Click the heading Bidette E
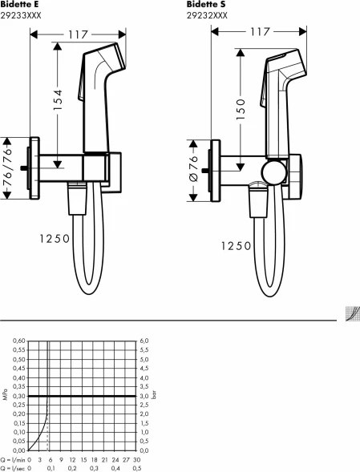[x=19, y=4]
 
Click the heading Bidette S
[x=206, y=4]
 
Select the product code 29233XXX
[x=21, y=15]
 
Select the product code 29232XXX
[x=207, y=15]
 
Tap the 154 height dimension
[x=58, y=99]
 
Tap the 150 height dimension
[x=241, y=109]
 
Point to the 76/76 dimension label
[x=7, y=168]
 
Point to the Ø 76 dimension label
[x=194, y=168]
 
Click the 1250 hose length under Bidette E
[x=55, y=239]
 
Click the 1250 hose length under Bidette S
[x=237, y=246]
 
